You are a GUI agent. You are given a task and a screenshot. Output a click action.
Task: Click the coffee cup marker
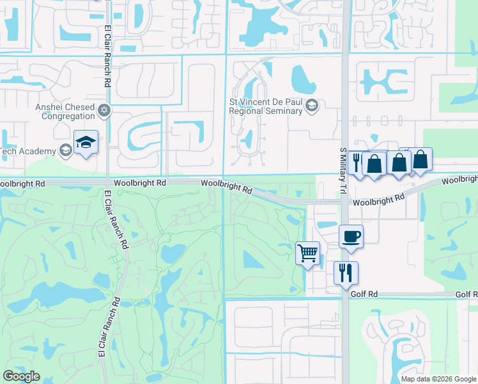click(351, 236)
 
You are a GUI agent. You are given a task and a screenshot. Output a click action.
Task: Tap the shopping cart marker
click(307, 253)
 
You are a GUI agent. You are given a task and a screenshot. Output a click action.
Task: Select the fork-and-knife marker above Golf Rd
click(346, 273)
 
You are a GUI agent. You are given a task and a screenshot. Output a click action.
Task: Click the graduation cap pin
click(86, 142)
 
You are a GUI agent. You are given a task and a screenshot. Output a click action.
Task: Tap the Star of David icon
click(104, 111)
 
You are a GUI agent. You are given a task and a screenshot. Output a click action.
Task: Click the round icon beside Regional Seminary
click(312, 106)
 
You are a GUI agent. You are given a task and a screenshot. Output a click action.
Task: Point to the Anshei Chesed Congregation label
click(68, 111)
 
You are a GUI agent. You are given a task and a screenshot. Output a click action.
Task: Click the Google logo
click(21, 376)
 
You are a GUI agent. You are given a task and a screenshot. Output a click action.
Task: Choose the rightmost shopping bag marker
click(421, 159)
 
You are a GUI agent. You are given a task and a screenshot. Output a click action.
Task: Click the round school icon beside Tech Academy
click(65, 150)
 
